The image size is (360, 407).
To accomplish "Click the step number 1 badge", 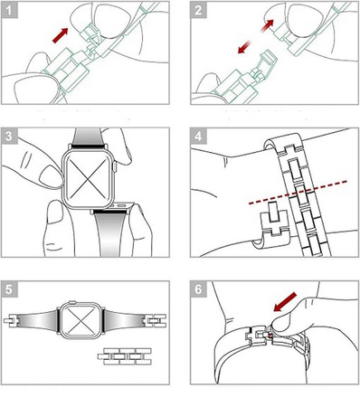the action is [9, 10].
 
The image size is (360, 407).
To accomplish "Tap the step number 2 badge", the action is [198, 10].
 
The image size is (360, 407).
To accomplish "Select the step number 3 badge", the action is [9, 136].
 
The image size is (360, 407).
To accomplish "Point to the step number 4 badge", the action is [198, 136].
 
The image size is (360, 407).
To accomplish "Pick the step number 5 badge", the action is [9, 289].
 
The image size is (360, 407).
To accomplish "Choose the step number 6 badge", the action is [198, 289].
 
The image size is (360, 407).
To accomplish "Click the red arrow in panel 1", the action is [60, 35].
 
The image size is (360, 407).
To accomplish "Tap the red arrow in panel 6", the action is [285, 302].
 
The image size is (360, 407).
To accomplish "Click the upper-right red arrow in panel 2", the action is [268, 25].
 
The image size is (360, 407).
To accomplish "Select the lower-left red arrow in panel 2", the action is [244, 47].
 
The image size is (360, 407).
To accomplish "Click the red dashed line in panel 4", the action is [298, 193].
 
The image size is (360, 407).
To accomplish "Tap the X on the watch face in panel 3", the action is [88, 179].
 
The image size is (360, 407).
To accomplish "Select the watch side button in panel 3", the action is [114, 166].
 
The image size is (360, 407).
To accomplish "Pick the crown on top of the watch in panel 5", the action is [72, 301].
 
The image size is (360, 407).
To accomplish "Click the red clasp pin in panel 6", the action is [270, 336].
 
